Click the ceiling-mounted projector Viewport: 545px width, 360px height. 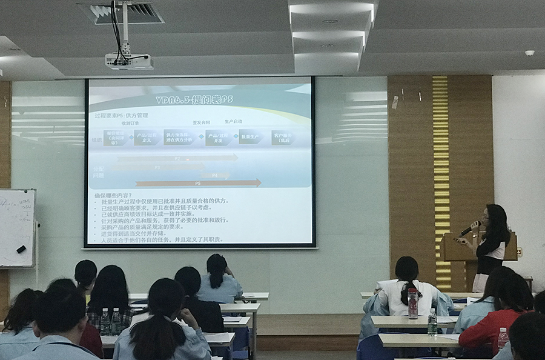(129, 61)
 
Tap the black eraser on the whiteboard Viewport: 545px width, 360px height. (21, 249)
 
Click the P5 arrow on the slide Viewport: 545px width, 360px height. (199, 182)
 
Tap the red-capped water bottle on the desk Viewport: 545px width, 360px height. (413, 304)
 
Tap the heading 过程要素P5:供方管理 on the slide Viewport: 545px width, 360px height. (121, 115)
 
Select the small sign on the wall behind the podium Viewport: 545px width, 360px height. (519, 251)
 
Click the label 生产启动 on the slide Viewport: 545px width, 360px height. (233, 121)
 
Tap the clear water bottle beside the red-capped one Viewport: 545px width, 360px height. (432, 322)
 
